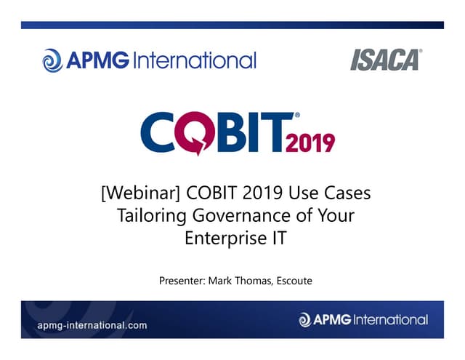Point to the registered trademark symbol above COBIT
tap(296, 115)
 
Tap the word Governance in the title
tap(239, 216)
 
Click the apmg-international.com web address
tap(92, 325)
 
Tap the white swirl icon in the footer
tap(304, 319)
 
